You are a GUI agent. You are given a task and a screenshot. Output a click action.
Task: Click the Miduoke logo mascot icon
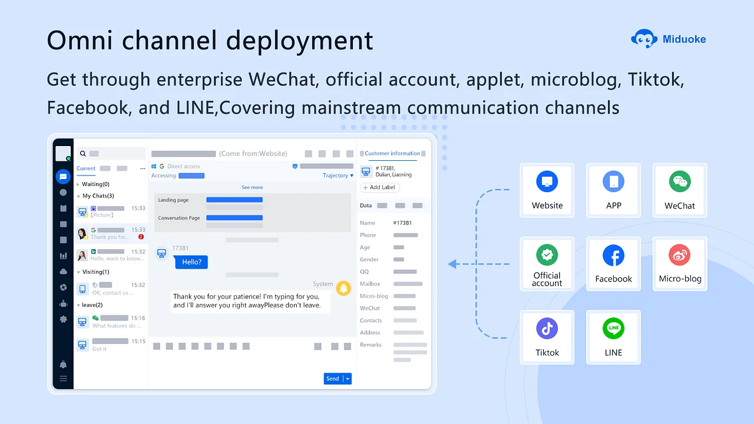644,39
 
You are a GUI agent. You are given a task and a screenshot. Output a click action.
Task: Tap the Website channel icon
547,182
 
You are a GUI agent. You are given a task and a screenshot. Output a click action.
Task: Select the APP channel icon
613,182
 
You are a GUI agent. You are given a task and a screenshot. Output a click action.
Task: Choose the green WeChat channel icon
680,182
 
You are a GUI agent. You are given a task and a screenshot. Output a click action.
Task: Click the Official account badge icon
547,256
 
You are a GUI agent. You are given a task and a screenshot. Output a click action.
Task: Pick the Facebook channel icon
613,256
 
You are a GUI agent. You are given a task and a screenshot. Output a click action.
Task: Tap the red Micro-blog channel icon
680,256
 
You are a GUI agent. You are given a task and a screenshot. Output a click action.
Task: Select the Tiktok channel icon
547,329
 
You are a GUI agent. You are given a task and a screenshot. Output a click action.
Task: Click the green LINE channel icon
613,329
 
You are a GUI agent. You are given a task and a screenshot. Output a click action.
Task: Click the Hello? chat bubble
191,262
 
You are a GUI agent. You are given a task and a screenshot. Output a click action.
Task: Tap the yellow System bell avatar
343,289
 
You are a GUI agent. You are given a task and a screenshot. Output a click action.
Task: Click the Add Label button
380,187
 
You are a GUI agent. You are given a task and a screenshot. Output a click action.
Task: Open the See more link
252,187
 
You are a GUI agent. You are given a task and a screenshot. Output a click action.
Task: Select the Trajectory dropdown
338,175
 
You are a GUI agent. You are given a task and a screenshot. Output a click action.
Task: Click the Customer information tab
392,154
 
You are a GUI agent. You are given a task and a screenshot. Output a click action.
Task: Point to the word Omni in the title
75,40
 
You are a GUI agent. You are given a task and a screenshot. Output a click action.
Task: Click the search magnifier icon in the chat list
83,154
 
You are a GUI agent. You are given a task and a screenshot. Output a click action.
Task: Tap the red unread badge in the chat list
141,237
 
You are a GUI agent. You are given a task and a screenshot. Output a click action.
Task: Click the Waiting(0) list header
95,184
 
